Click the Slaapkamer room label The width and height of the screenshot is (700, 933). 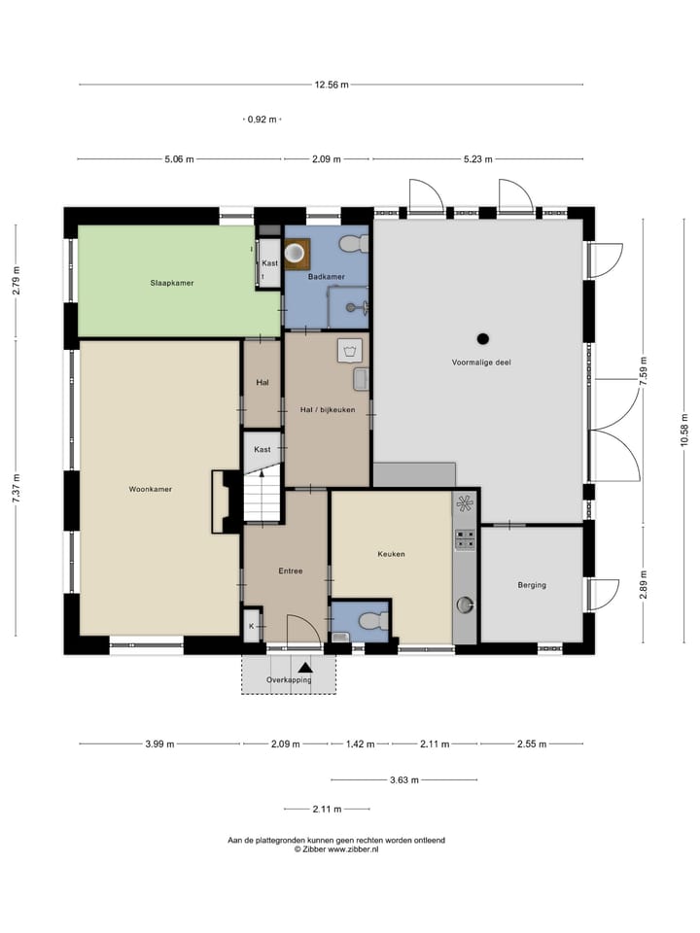172,283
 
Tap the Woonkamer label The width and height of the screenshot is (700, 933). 151,489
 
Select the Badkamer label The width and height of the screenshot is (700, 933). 327,277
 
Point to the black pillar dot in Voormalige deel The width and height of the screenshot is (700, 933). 483,339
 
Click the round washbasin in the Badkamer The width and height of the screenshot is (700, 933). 295,253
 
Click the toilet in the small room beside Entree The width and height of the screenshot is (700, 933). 373,620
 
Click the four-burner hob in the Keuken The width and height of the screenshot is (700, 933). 465,539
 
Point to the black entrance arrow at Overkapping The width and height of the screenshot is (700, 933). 304,669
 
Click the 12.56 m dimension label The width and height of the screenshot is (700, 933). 332,85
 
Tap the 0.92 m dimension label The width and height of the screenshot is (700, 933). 262,120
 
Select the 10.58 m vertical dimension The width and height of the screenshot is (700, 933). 684,430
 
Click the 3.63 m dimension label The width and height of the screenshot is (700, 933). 404,780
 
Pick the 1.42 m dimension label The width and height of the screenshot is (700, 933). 360,743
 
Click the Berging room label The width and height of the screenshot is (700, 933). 532,585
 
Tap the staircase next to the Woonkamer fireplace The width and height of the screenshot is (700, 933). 262,495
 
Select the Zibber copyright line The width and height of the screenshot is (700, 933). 336,849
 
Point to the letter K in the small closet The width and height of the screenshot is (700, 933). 251,627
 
